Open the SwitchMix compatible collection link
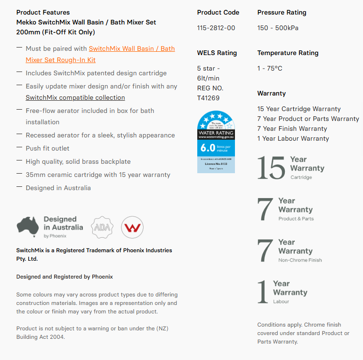75,98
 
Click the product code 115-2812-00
216,28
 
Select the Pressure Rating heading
282,12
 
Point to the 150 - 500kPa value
277,28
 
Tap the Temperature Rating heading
288,53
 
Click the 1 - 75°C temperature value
270,68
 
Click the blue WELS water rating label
216,142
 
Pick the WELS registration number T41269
208,98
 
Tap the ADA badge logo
102,227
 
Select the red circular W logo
132,227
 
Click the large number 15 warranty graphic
271,168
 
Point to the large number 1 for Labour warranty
263,292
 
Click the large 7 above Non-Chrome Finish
265,251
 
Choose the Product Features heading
43,12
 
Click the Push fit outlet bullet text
48,148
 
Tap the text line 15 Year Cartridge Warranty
298,109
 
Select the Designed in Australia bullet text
58,188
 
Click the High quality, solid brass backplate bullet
78,161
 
